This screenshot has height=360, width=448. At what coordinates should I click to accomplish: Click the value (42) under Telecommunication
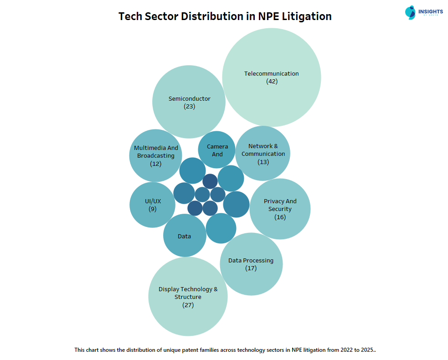point(272,82)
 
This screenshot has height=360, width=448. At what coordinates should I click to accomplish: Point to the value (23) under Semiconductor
point(189,107)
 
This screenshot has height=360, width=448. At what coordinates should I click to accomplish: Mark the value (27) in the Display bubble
point(188,305)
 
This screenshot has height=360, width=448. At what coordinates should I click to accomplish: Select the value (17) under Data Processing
point(251,268)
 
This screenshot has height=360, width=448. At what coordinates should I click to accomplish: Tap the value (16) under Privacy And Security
point(280,217)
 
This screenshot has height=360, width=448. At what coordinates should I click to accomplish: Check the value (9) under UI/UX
point(152,209)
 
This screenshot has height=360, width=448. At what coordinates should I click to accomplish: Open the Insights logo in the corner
point(423,12)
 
